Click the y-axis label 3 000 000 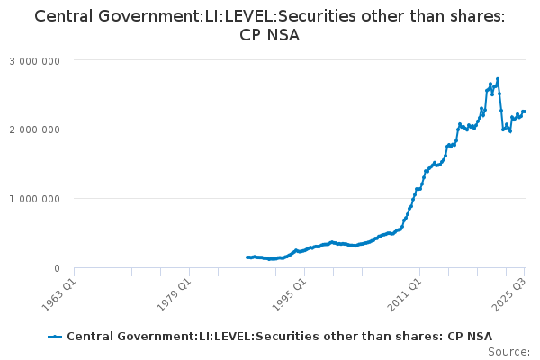(x=35, y=60)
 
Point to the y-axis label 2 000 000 (x=35, y=130)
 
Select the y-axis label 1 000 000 (x=35, y=199)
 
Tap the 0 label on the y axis (x=56, y=268)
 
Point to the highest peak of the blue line (x=498, y=78)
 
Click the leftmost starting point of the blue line (x=247, y=257)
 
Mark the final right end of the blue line (x=525, y=112)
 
